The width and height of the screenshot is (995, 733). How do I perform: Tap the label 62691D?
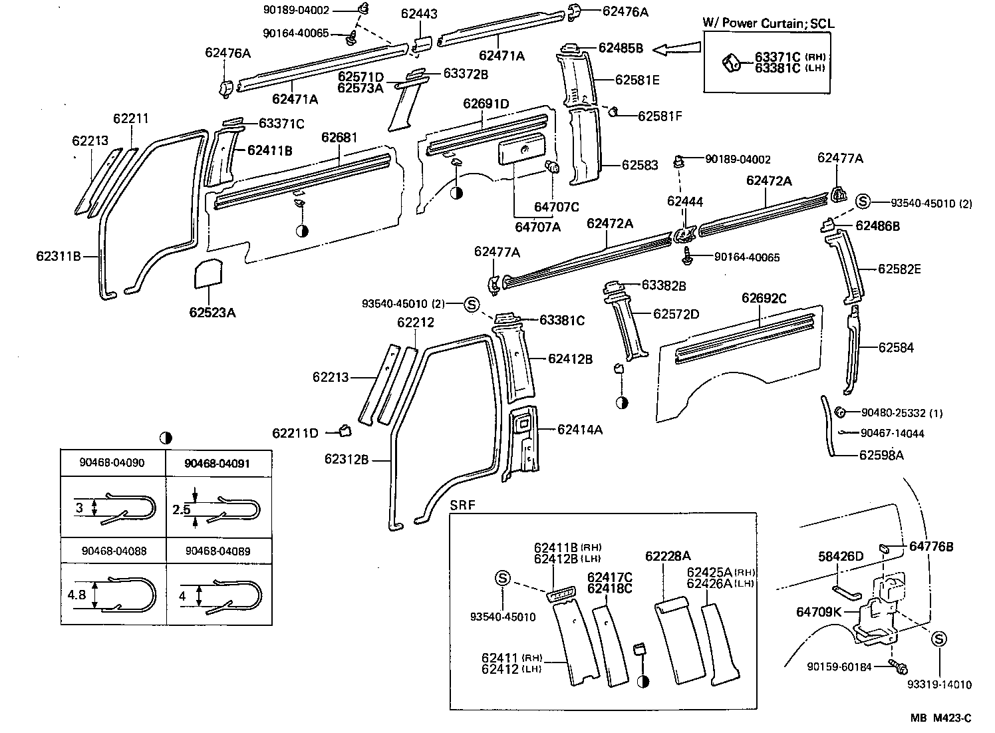point(486,104)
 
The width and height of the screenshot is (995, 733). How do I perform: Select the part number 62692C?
point(764,299)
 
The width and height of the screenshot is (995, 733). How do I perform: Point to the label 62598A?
point(881,455)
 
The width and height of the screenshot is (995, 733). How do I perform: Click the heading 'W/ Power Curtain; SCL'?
point(768,23)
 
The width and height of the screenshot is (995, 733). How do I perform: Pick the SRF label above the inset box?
point(463,505)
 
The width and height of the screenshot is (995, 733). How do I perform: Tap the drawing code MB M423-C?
point(941,718)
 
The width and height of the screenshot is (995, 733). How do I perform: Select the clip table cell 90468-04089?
point(218,551)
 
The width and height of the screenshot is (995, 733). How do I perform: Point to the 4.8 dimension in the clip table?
point(76,595)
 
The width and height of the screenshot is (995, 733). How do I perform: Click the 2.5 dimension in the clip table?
point(182,510)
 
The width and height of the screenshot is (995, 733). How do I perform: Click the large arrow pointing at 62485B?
point(677,49)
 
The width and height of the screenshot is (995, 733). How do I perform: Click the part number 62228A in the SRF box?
point(668,556)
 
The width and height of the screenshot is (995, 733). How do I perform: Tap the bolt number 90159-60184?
point(839,666)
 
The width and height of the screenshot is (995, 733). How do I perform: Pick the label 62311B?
point(59,255)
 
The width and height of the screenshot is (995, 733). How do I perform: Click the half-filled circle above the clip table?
point(166,438)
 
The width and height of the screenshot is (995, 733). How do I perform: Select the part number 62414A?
point(580,430)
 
